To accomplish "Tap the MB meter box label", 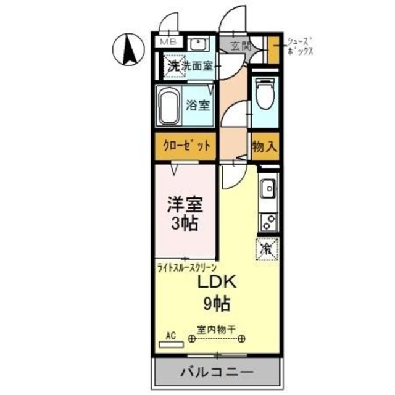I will [x=168, y=42].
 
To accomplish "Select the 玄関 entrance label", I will [x=240, y=45].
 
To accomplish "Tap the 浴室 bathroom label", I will [x=198, y=104].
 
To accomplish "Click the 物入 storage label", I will [x=264, y=146].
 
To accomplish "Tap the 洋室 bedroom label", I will [x=185, y=204].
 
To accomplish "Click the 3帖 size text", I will [x=185, y=223].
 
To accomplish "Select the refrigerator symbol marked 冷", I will [x=267, y=249].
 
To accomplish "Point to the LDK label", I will [x=217, y=282].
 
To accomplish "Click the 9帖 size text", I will [x=217, y=303].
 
